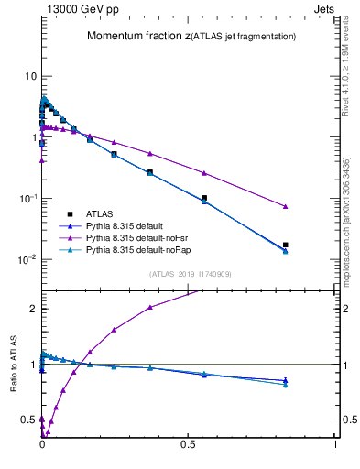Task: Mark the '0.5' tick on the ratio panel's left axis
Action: [28, 420]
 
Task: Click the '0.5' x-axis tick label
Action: [188, 446]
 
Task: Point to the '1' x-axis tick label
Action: [336, 446]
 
